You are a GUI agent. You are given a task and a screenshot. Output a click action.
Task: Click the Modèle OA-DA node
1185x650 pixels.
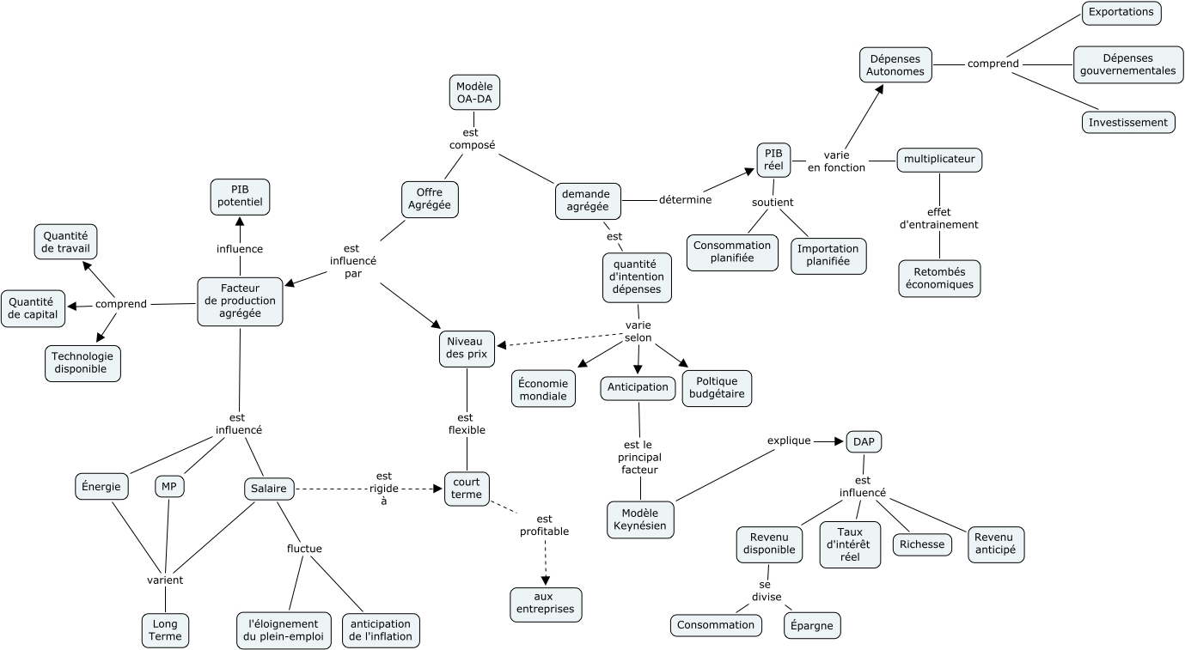[474, 92]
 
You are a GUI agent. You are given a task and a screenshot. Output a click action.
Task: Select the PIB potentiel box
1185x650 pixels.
[240, 197]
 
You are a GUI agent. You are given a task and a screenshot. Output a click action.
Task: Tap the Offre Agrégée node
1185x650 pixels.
[431, 199]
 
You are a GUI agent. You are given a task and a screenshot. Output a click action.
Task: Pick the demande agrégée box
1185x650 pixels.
[588, 201]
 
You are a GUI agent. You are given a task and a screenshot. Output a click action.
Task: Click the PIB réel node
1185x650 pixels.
[773, 160]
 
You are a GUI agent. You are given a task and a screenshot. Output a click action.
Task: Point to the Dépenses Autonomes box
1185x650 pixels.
[895, 65]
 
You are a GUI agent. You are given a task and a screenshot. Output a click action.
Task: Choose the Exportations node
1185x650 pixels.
[1121, 13]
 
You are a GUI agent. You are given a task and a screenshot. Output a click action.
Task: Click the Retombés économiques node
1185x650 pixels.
[939, 278]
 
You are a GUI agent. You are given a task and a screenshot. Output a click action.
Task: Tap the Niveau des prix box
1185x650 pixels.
[467, 349]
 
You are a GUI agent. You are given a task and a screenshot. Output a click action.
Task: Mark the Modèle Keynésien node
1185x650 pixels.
[640, 519]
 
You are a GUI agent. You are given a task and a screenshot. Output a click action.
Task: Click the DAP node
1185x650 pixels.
[864, 441]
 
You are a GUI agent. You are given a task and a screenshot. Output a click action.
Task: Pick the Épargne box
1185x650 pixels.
[812, 625]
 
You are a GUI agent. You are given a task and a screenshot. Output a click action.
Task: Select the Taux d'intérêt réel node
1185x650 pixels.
[850, 544]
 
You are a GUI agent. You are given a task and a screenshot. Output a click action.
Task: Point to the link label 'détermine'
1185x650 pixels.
[685, 200]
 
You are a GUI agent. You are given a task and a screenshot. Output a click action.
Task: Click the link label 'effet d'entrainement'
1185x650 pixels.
[938, 218]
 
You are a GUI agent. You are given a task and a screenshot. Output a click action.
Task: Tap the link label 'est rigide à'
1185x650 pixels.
[383, 488]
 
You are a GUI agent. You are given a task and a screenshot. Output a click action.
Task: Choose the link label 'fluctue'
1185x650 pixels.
[304, 549]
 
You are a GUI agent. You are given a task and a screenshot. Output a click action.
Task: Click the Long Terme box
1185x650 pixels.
[165, 630]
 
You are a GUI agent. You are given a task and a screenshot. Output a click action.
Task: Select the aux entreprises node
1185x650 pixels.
[546, 604]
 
